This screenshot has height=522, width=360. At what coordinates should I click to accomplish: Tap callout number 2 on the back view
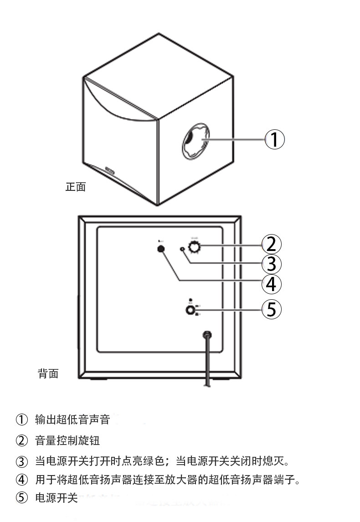coord(271,244)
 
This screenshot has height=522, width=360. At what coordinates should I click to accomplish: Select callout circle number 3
coord(271,264)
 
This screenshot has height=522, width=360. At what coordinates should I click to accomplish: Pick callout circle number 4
coord(271,284)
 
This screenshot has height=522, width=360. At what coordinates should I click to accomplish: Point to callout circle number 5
coord(271,310)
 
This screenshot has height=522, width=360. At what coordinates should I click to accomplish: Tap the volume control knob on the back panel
coord(195,247)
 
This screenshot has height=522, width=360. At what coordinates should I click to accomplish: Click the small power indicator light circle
coord(183,249)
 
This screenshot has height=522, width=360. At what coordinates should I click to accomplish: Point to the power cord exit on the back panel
coord(207,335)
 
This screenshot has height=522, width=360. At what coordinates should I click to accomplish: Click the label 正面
coord(76,187)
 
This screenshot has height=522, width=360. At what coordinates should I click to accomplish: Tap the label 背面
coord(48,374)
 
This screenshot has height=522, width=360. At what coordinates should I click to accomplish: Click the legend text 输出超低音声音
coord(72,419)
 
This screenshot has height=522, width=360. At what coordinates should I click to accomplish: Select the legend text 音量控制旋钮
coord(67,440)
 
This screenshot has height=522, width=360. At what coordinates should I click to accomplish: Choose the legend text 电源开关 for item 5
coord(57,498)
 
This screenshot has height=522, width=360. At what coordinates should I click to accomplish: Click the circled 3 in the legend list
coord(22,461)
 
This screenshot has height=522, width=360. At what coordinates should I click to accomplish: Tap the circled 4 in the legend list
coord(22,480)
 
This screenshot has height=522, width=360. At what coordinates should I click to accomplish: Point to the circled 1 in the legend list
coord(22,419)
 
